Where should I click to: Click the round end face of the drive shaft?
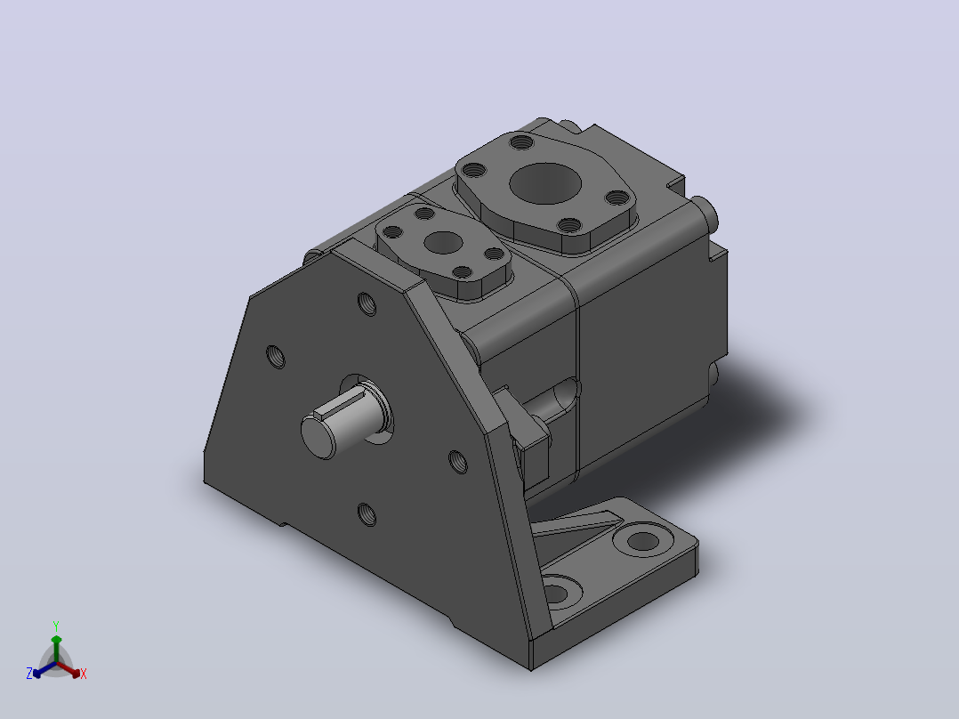coord(318,436)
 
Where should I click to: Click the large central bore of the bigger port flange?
coord(545,183)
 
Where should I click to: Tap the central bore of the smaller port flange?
coord(443,242)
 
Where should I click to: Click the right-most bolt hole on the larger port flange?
coord(617,198)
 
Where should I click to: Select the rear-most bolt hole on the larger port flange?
coord(521,143)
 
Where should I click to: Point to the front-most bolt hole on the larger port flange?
coord(570,226)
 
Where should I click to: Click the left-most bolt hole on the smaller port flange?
coord(392,232)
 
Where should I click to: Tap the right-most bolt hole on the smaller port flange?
coord(494,254)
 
